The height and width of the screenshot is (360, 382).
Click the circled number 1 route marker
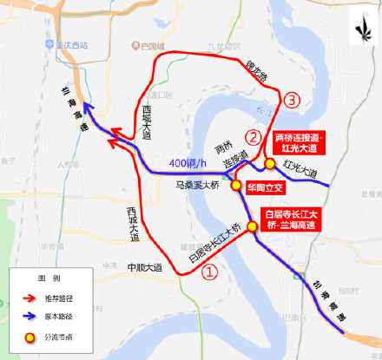click(210, 271)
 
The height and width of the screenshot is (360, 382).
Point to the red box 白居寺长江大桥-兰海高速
click(292, 219)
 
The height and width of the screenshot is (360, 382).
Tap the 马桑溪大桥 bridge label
click(198, 185)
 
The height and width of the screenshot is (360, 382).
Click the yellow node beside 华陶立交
click(236, 186)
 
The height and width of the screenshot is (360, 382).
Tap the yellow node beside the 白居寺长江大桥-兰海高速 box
click(253, 227)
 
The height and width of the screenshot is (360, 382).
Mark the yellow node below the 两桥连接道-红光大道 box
click(270, 163)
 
